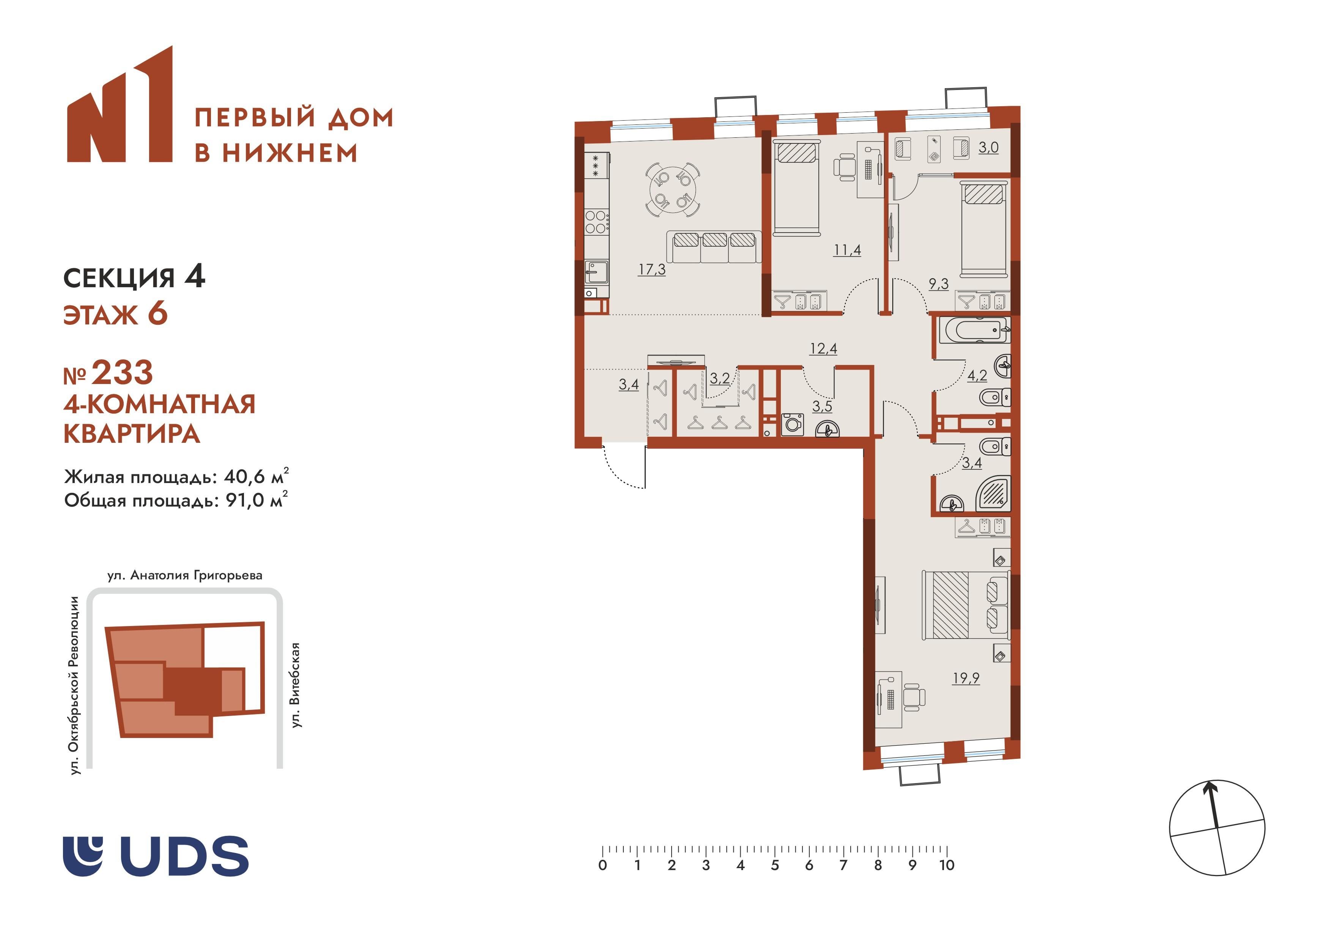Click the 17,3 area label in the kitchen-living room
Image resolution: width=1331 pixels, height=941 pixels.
coord(651,270)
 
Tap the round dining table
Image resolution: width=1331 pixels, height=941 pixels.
coord(672,190)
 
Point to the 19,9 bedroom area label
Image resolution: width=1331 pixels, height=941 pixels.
coord(966,678)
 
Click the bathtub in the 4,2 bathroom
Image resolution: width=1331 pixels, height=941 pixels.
coord(977,330)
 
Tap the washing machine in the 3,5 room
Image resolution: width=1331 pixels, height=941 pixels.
coord(793,424)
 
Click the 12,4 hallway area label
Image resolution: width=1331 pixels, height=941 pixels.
coord(823,348)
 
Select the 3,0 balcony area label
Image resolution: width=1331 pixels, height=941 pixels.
coord(988,147)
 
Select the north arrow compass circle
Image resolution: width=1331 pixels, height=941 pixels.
coord(1217,828)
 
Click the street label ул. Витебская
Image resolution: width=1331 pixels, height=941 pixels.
coord(296,685)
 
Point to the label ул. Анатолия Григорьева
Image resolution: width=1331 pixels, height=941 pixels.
coord(185,575)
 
